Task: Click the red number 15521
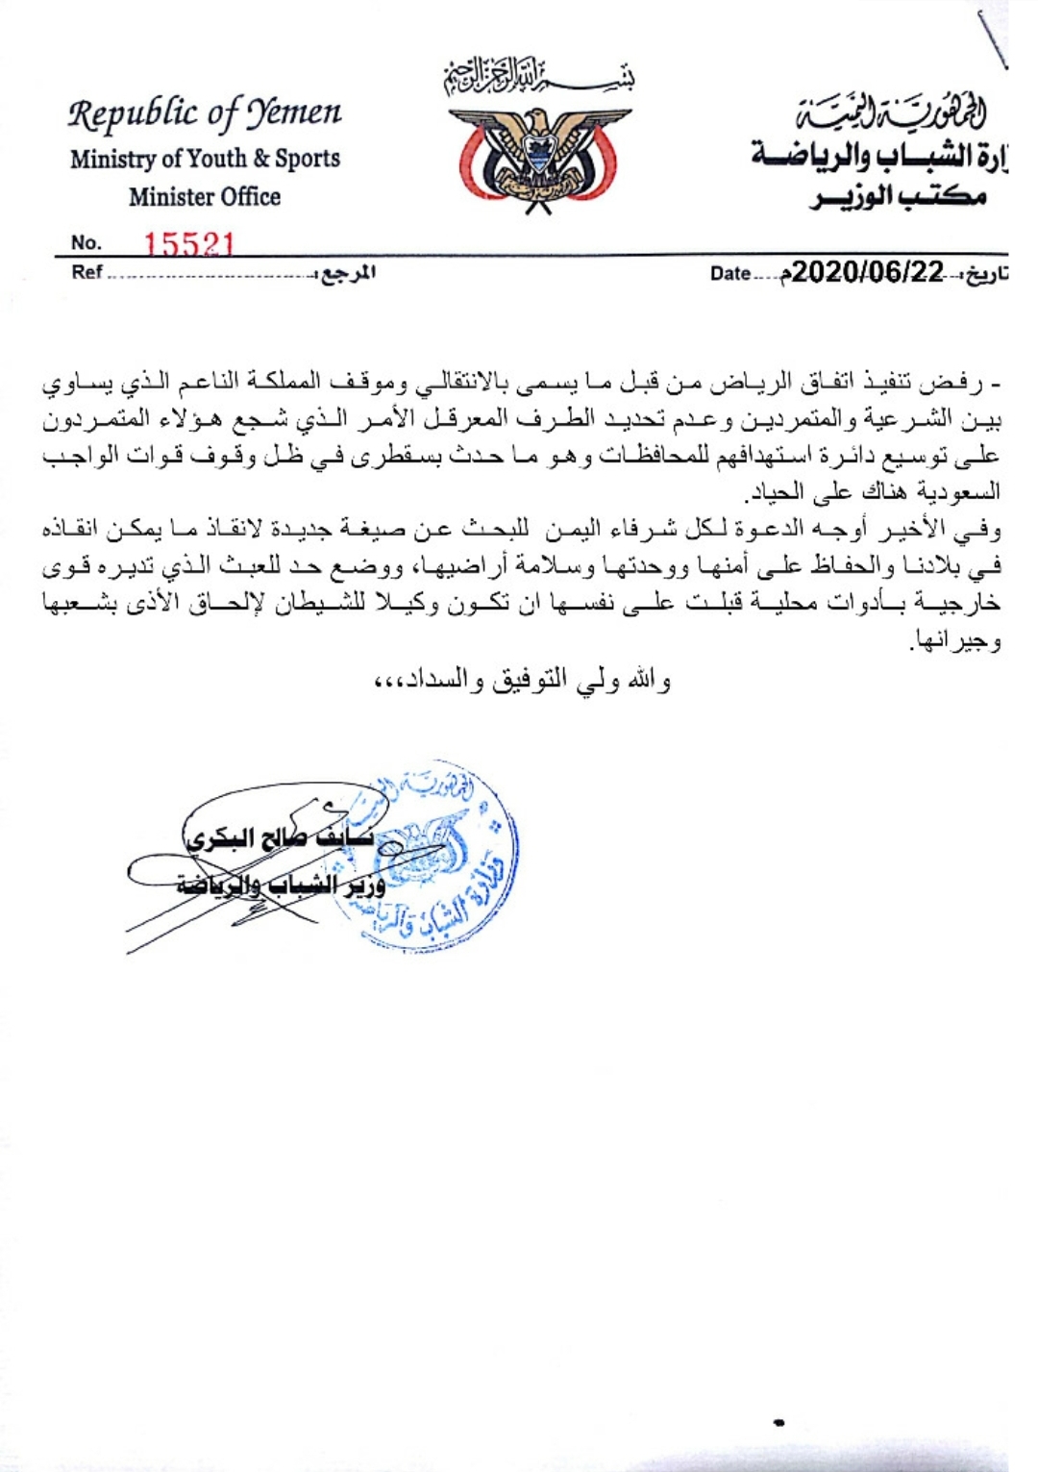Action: pos(189,243)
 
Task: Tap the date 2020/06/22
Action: pos(869,272)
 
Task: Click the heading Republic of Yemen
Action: pos(205,114)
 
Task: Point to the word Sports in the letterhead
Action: pos(308,159)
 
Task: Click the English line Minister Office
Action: pos(205,197)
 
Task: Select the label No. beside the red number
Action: pos(86,243)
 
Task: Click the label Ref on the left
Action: pos(86,272)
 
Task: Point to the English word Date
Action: pos(730,273)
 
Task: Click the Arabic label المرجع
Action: pos(347,273)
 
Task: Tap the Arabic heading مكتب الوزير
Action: pos(898,197)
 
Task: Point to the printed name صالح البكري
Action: pos(250,837)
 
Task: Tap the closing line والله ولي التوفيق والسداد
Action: pos(524,681)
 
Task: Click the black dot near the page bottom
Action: pos(778,1422)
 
